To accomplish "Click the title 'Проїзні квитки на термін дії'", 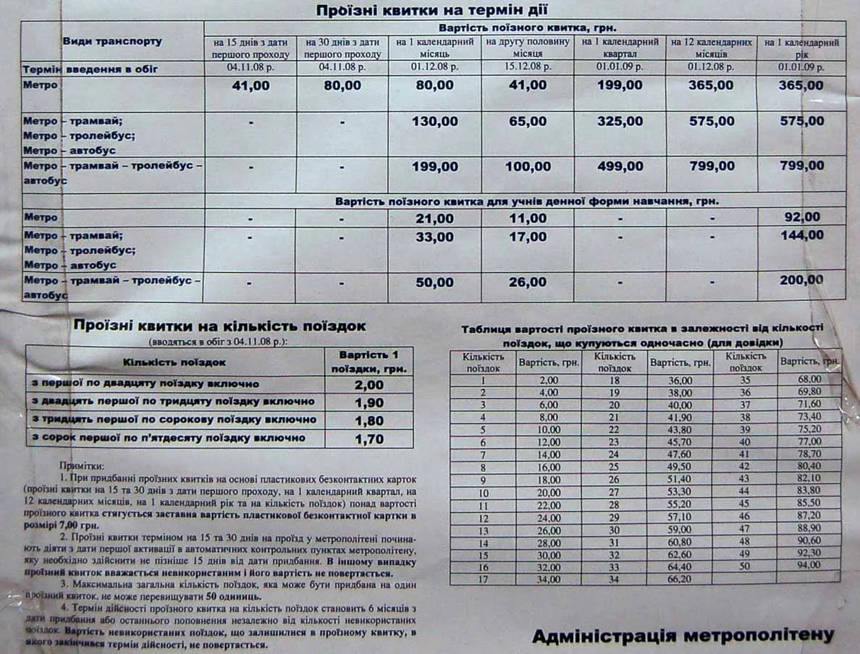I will click(x=431, y=10).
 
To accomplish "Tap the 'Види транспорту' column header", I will click(x=112, y=42).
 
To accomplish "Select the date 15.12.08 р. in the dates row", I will click(x=527, y=68).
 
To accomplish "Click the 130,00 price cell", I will click(x=434, y=122).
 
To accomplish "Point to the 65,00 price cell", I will click(x=527, y=122).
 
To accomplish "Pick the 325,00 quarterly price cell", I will click(x=620, y=122).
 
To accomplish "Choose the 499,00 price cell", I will click(x=620, y=166).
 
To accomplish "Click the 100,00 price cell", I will click(x=527, y=166).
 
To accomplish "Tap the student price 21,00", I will click(x=434, y=218).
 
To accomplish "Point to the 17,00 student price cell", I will click(x=527, y=237).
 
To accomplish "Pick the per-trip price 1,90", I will click(x=369, y=402).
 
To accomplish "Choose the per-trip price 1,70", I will click(x=369, y=438).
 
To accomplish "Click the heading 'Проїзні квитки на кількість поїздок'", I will click(x=219, y=326).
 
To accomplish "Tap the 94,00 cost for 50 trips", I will click(x=809, y=566).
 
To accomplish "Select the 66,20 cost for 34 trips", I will click(x=680, y=579).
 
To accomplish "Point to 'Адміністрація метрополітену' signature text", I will click(x=683, y=636).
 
